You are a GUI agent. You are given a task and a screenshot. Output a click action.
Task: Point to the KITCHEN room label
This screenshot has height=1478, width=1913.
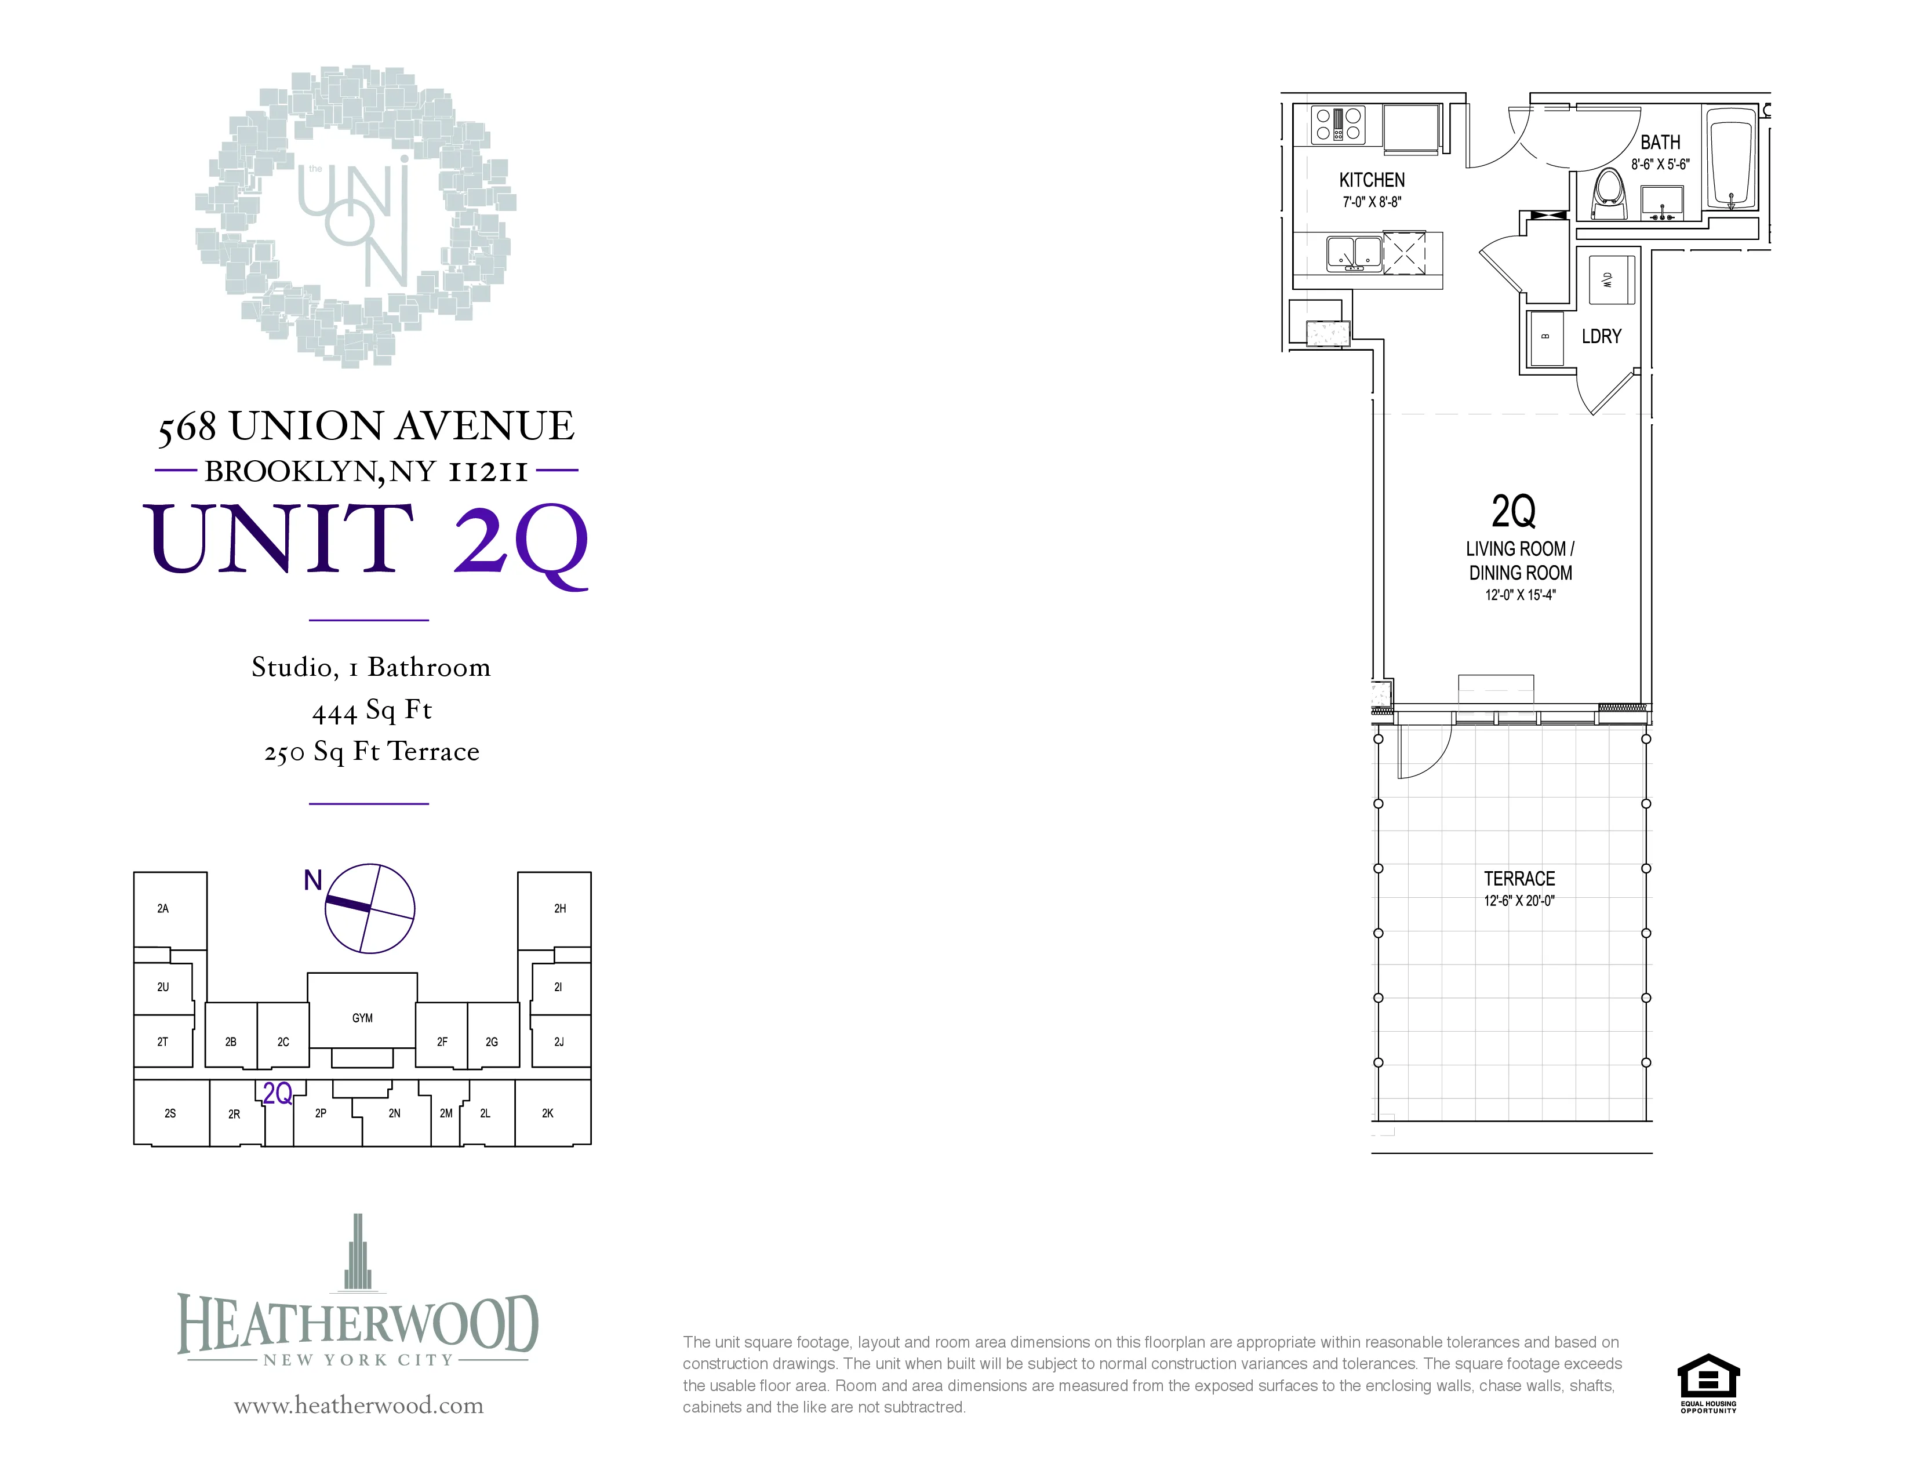(x=1372, y=180)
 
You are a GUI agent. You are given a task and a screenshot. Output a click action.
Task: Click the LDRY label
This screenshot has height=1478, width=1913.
(x=1601, y=336)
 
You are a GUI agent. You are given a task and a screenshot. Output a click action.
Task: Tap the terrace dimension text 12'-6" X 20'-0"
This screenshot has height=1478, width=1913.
(x=1519, y=901)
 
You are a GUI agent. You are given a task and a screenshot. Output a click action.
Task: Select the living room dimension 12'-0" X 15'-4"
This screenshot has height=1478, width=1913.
(x=1520, y=595)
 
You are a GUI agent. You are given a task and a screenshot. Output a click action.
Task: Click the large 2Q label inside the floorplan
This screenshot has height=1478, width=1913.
(x=1514, y=511)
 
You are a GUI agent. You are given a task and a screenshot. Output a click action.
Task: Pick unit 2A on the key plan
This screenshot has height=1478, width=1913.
(x=163, y=909)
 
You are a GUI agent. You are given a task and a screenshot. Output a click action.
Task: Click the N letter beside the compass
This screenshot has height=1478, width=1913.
(x=312, y=880)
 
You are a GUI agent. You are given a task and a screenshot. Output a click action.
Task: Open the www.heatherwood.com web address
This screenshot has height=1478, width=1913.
(x=358, y=1406)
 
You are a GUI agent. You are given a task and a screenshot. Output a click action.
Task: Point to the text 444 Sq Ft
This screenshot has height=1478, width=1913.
(x=372, y=710)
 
